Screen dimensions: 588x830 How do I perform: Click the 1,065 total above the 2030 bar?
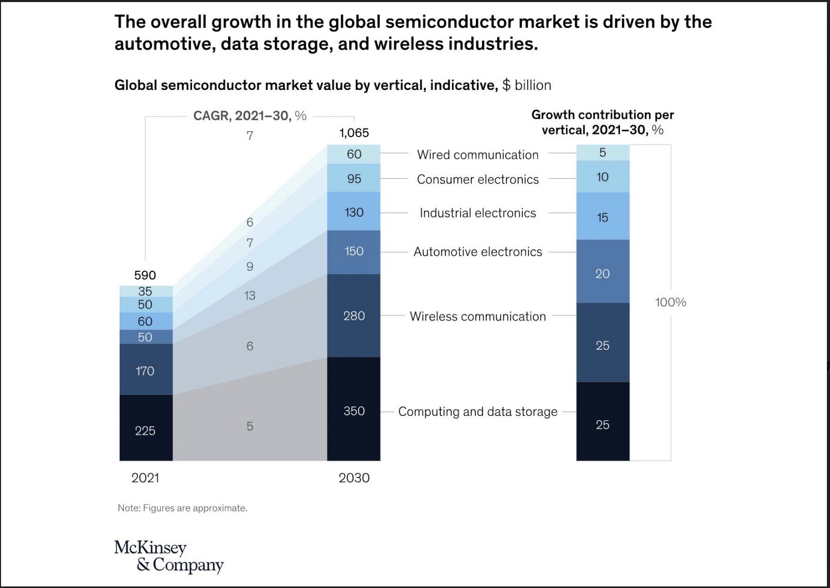(x=354, y=133)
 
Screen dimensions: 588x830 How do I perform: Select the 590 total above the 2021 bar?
(x=145, y=275)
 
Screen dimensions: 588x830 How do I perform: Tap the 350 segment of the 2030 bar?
(x=354, y=411)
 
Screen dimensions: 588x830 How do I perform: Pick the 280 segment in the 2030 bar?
(x=354, y=316)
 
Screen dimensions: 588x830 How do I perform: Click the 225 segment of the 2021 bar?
(x=145, y=430)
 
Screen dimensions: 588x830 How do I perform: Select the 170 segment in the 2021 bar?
(x=145, y=370)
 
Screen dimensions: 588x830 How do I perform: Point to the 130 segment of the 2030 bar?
(x=354, y=212)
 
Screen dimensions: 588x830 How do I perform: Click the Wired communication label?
(x=477, y=154)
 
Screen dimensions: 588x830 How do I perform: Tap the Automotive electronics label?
(x=477, y=252)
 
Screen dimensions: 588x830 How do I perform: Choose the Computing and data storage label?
(x=477, y=411)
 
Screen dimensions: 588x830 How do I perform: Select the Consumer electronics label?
(x=477, y=179)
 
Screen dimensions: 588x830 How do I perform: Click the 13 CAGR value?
(x=250, y=296)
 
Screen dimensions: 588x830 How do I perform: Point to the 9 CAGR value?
(x=250, y=267)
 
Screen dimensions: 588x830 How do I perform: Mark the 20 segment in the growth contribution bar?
(x=602, y=273)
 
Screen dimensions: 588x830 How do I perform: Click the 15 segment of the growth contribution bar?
(x=602, y=218)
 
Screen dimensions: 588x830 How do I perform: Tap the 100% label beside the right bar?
(x=671, y=302)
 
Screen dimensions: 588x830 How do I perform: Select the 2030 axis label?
(x=354, y=478)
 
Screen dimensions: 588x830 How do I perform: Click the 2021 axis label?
(x=145, y=478)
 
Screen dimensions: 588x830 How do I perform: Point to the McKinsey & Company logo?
(x=169, y=556)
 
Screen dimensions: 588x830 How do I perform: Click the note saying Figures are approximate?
(x=182, y=508)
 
